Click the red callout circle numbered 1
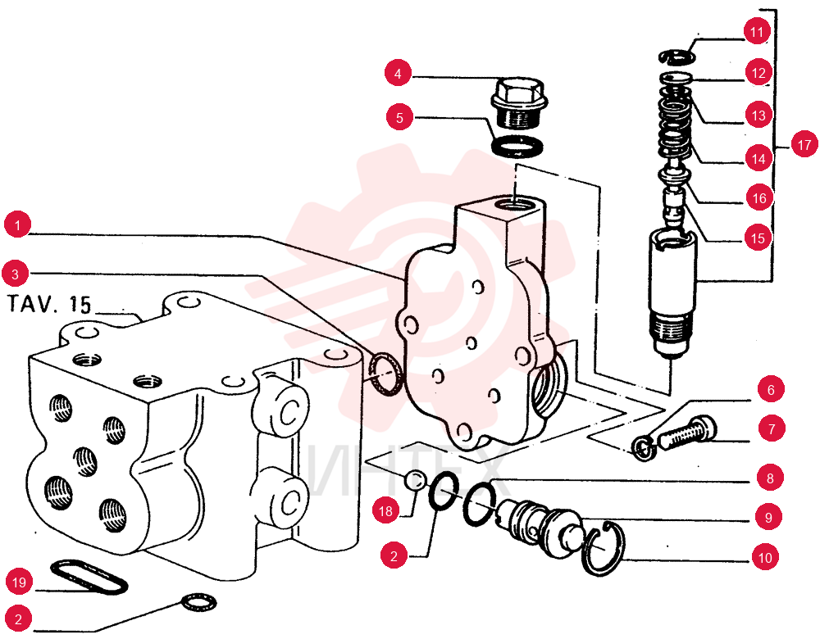(17, 225)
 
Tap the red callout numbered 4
(398, 73)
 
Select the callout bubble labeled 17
(804, 145)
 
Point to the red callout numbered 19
(20, 582)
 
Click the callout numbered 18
(385, 510)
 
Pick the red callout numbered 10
(765, 558)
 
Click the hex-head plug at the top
(518, 102)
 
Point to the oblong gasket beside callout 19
(89, 577)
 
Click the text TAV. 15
(49, 304)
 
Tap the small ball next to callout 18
(416, 479)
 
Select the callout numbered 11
(757, 33)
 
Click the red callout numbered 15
(758, 238)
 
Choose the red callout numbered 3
(15, 274)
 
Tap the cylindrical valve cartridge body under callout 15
(672, 292)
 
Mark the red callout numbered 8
(770, 478)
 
